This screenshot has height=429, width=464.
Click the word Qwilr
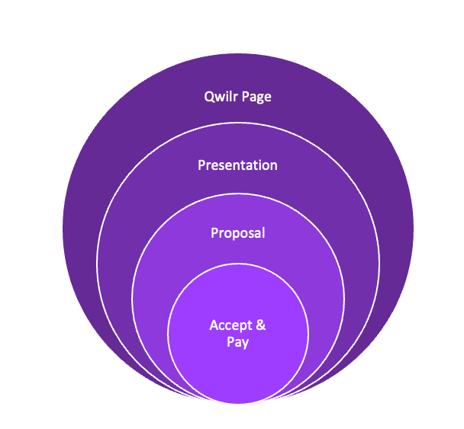pyautogui.click(x=221, y=97)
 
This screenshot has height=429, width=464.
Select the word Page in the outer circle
pyautogui.click(x=257, y=98)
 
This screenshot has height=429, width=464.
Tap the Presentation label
pyautogui.click(x=237, y=165)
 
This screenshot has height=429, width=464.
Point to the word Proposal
pyautogui.click(x=237, y=233)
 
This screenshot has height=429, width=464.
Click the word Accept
pyautogui.click(x=230, y=325)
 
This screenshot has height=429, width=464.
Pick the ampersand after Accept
pyautogui.click(x=261, y=325)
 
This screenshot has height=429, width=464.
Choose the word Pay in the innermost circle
pyautogui.click(x=237, y=342)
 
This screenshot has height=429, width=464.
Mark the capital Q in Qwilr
pyautogui.click(x=209, y=97)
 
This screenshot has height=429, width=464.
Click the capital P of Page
pyautogui.click(x=246, y=97)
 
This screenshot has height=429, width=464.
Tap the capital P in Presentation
pyautogui.click(x=201, y=165)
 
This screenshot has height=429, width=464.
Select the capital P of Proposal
pyautogui.click(x=214, y=233)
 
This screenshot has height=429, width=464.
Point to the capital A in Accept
pyautogui.click(x=214, y=325)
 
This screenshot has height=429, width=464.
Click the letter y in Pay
pyautogui.click(x=245, y=344)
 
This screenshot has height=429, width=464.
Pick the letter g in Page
pyautogui.click(x=260, y=99)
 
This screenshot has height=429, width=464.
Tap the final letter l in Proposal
pyautogui.click(x=263, y=233)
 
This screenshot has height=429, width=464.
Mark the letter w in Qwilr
pyautogui.click(x=221, y=98)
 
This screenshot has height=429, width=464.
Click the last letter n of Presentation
pyautogui.click(x=274, y=167)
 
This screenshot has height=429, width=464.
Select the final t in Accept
pyautogui.click(x=250, y=325)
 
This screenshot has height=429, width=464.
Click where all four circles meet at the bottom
pyautogui.click(x=237, y=403)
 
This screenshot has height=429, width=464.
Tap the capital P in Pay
pyautogui.click(x=230, y=342)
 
